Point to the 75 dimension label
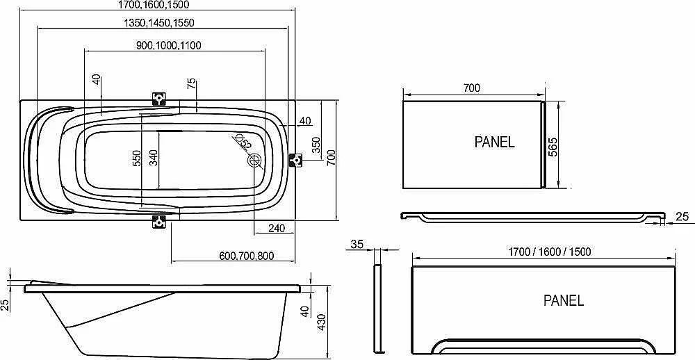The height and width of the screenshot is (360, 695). [192, 83]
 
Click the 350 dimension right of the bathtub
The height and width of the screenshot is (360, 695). [316, 145]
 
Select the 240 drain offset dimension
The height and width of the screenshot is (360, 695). [276, 229]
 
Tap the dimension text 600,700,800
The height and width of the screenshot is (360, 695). [246, 256]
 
